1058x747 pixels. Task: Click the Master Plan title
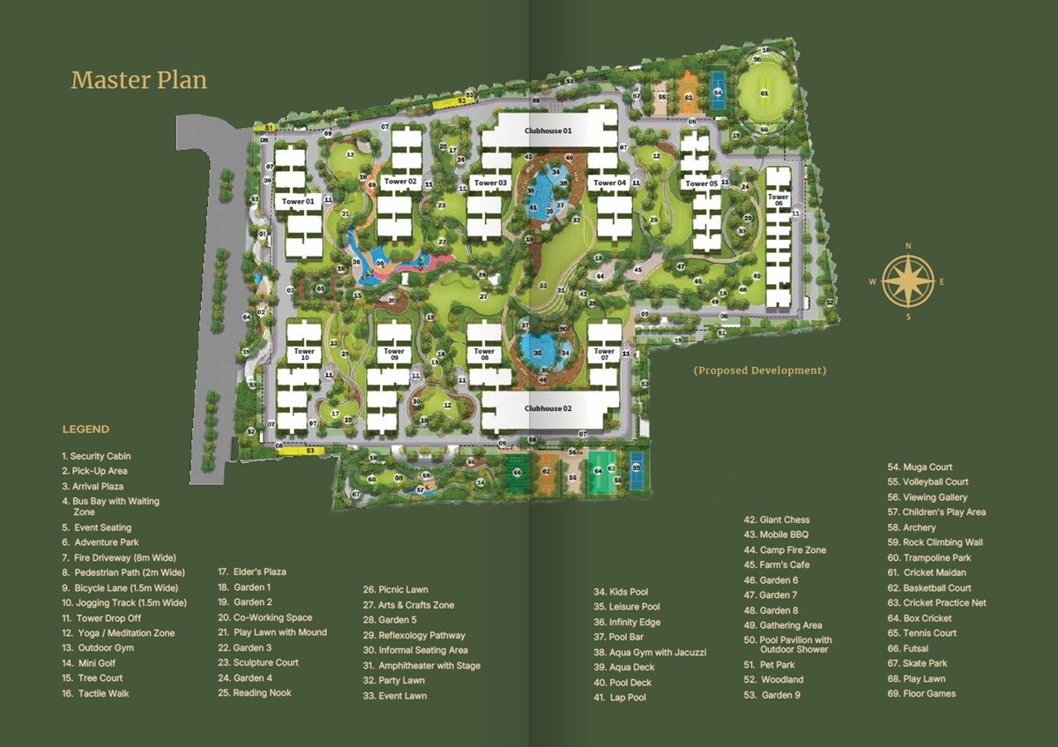138,80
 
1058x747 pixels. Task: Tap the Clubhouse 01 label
548,131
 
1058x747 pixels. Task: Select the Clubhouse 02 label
548,408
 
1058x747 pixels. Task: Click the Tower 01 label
299,201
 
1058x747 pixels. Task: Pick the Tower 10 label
304,354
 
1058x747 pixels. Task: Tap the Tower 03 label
490,183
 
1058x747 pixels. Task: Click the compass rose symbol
908,280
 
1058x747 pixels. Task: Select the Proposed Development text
759,370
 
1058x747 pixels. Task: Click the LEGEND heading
86,430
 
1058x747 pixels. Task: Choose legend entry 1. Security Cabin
96,456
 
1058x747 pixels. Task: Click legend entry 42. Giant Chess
777,519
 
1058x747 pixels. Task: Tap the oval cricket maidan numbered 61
764,93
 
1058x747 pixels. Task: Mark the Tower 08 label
484,355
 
